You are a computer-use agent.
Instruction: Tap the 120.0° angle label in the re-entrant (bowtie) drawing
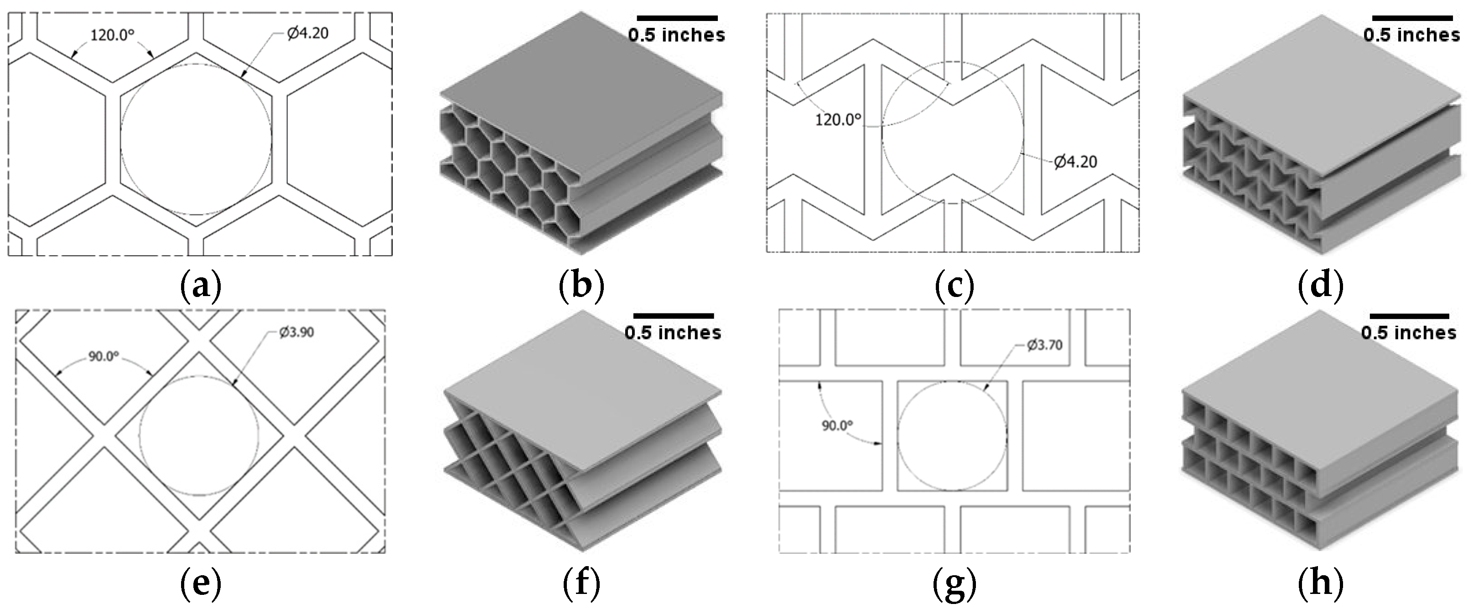coord(838,120)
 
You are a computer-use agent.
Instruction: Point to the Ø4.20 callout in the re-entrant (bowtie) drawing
coord(1075,162)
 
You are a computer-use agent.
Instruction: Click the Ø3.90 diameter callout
coord(296,332)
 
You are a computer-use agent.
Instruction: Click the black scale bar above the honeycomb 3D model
coord(677,18)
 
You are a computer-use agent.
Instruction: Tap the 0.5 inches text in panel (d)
coord(1411,36)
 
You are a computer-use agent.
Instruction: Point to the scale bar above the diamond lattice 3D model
coord(673,315)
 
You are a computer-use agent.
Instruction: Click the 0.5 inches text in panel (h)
coord(1409,333)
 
